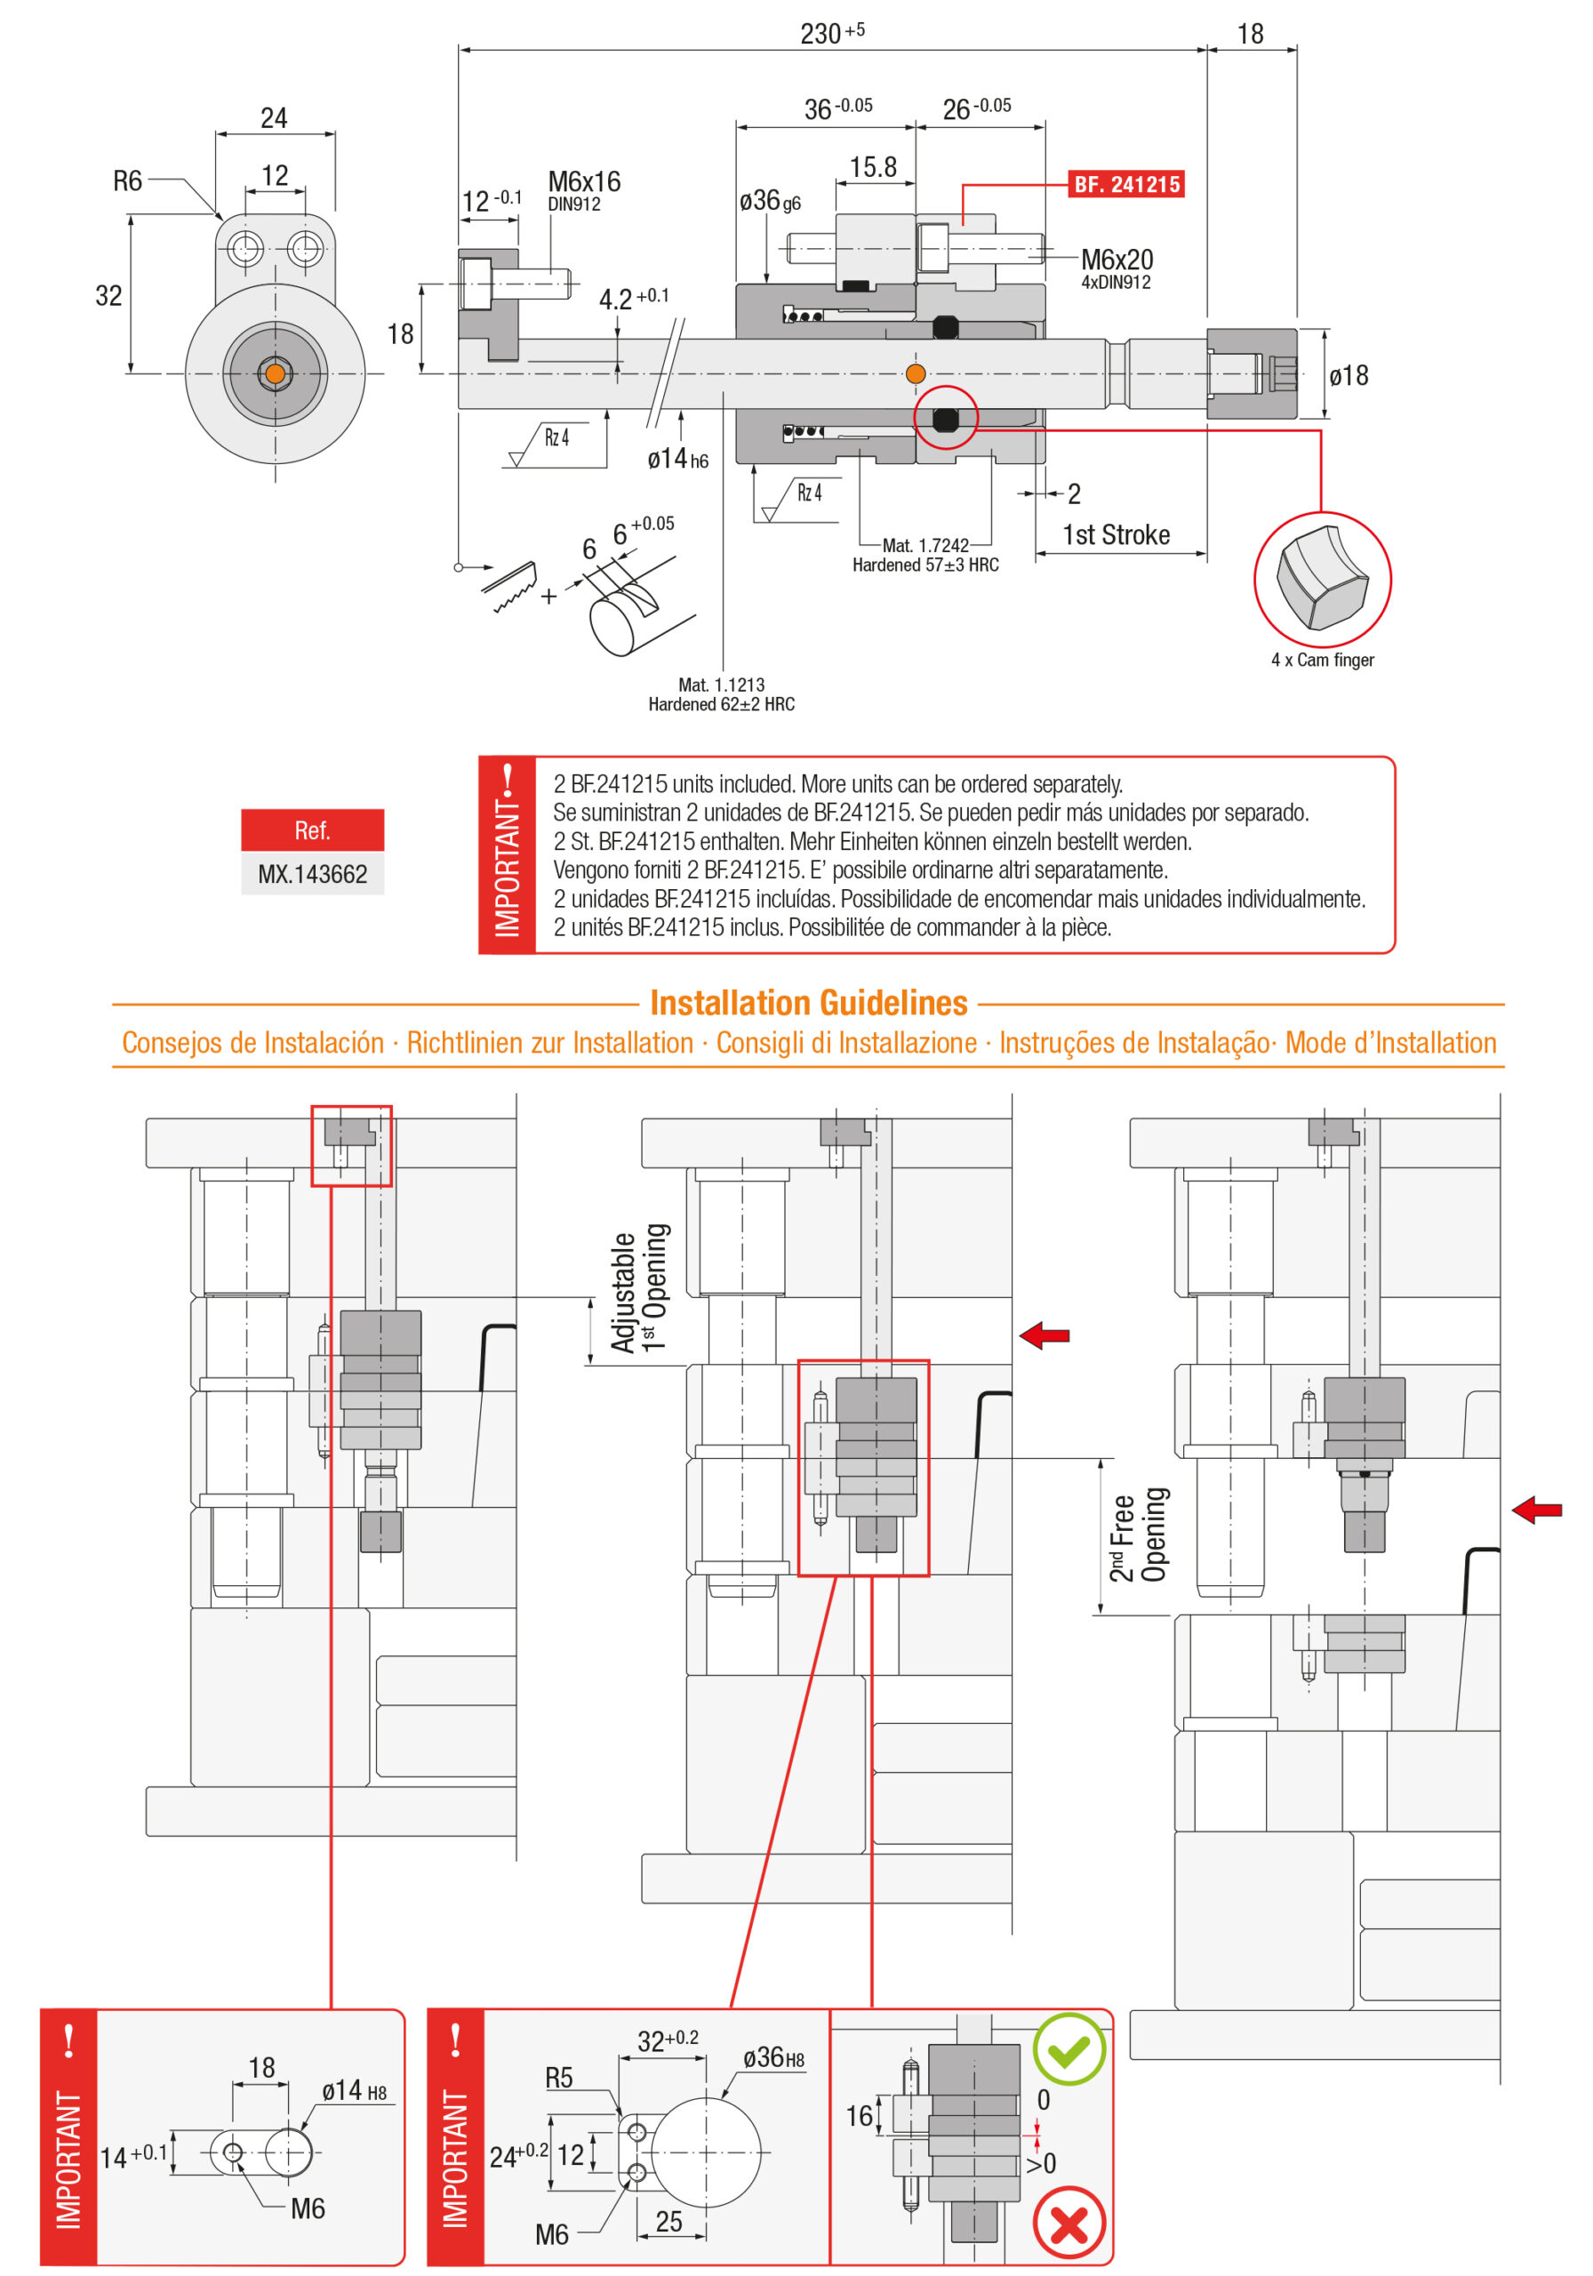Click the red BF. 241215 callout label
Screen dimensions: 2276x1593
point(1125,184)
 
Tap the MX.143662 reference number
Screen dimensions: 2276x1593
point(312,874)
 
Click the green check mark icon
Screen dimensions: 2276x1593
point(1069,2049)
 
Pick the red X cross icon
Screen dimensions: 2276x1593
point(1069,2224)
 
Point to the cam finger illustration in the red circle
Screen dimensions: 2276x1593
point(1323,579)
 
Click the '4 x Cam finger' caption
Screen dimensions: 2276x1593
point(1323,661)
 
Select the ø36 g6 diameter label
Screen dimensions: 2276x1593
point(769,201)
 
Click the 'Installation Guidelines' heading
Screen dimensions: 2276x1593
point(808,1003)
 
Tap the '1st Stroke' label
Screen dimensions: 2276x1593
point(1117,535)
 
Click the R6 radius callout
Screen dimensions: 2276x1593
point(128,181)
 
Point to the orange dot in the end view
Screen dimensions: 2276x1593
point(276,373)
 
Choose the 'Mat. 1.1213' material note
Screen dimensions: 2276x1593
point(722,685)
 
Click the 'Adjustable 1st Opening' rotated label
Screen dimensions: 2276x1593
point(639,1287)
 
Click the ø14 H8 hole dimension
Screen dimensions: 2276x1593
point(354,2090)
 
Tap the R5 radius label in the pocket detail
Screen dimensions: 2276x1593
point(559,2078)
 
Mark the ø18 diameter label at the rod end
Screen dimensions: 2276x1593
point(1349,376)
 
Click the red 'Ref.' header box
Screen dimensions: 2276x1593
point(312,829)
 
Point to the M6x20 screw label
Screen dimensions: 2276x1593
point(1117,260)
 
